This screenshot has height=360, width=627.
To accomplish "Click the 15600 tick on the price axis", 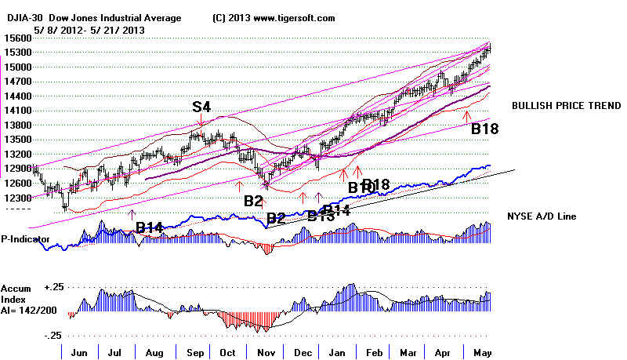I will pyautogui.click(x=16, y=38).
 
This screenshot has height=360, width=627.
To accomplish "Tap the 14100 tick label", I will pyautogui.click(x=16, y=111).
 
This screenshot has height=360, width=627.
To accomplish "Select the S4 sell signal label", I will pyautogui.click(x=201, y=107).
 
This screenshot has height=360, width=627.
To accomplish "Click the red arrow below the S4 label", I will pyautogui.click(x=201, y=121).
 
